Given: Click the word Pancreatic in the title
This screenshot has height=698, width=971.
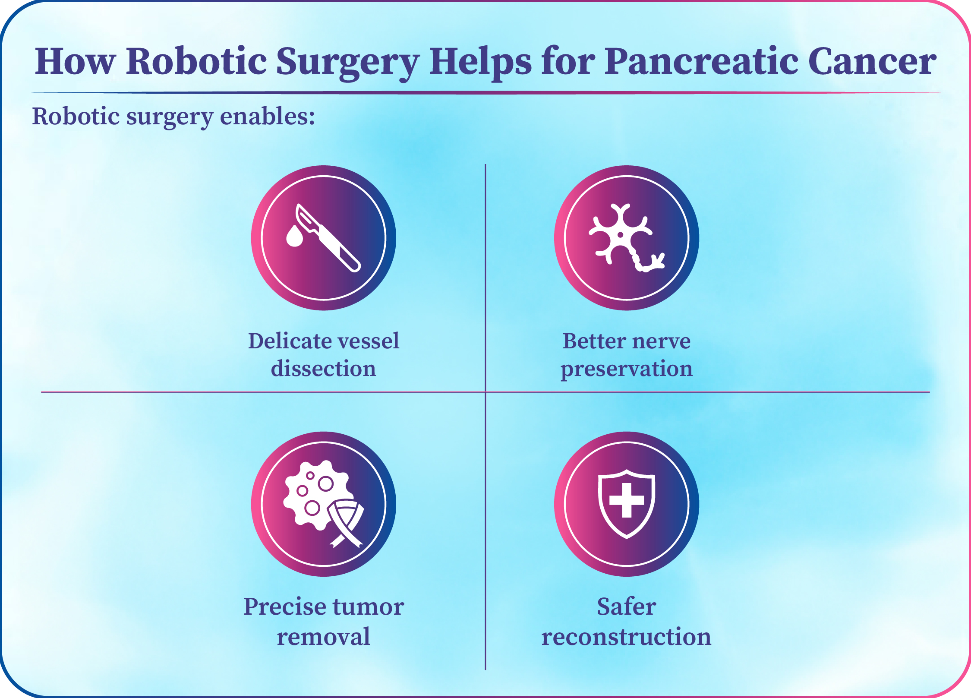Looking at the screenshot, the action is pos(701,61).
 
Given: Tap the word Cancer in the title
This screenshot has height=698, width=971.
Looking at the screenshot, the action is pos(872,61).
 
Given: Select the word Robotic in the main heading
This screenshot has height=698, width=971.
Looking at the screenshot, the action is pos(196,61).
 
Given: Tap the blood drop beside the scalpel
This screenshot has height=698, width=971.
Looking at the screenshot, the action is pos(295,236).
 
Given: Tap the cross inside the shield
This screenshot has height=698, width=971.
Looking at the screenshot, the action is pos(627,500).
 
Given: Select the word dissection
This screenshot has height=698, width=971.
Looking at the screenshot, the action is pos(324,369).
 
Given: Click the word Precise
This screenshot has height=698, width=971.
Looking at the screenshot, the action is pos(285,607).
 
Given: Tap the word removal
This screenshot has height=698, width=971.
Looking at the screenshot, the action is pos(324,637).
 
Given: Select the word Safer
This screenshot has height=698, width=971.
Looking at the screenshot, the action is pos(627,606).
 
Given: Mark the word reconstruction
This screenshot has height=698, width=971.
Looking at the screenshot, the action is pos(627,637).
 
